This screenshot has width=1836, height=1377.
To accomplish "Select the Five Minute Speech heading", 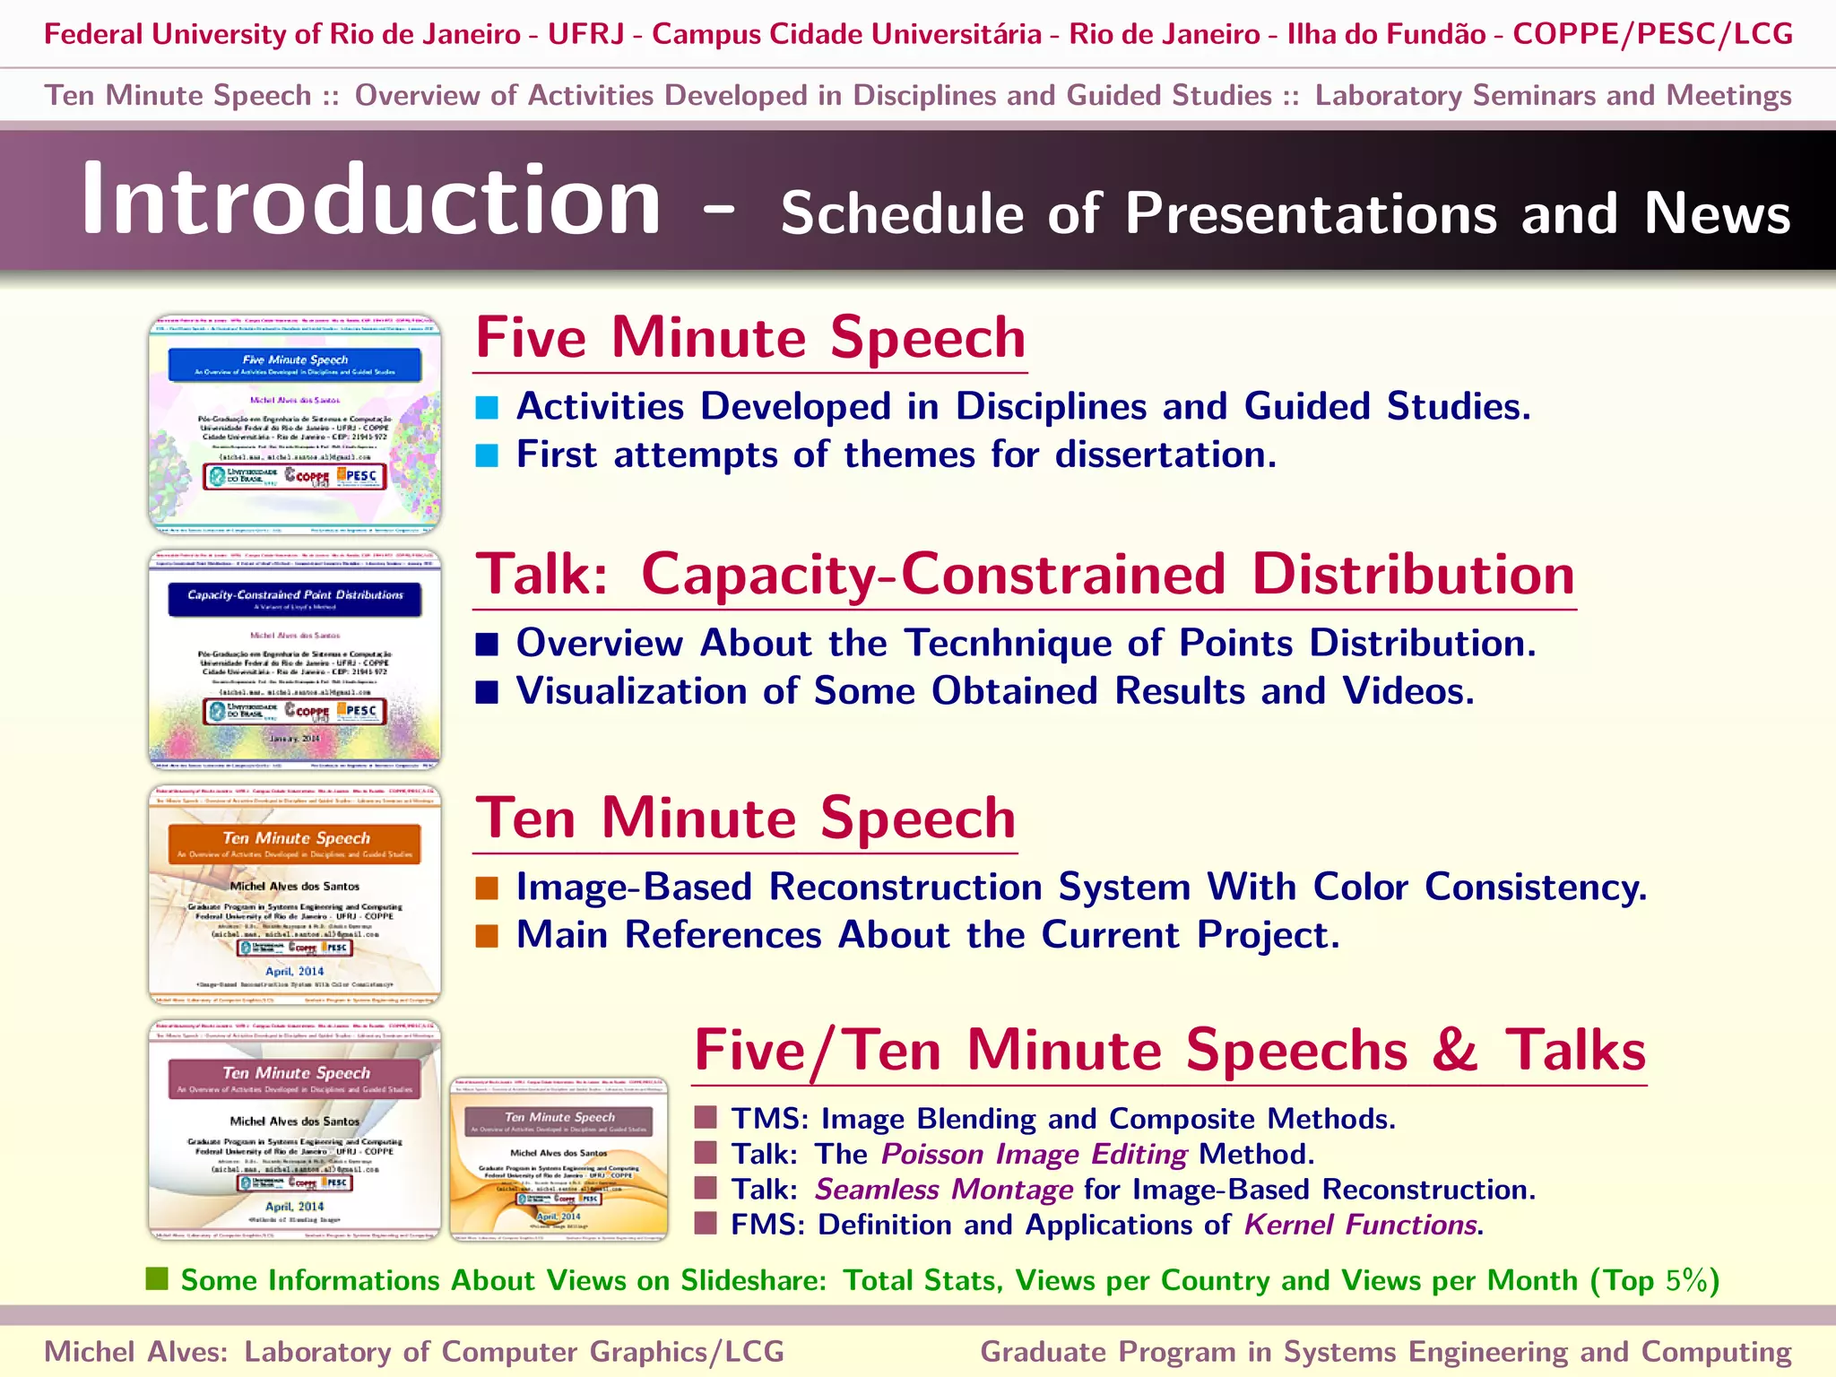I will click(x=750, y=339).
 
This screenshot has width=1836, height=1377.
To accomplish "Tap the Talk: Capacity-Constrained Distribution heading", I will click(x=1025, y=575).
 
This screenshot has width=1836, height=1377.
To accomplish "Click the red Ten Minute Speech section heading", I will click(x=745, y=818).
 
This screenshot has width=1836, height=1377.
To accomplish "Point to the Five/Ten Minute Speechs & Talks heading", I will click(x=1170, y=1051).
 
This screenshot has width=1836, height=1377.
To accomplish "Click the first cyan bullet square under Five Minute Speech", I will click(x=487, y=408).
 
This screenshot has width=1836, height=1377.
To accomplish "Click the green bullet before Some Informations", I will click(x=157, y=1279).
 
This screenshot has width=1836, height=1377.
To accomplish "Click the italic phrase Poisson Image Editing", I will click(x=1034, y=1155).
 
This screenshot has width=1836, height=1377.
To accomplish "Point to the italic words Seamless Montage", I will click(x=943, y=1190).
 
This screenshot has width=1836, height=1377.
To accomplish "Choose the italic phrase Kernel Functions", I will click(x=1360, y=1225).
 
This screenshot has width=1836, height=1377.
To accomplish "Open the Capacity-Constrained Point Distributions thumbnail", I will click(x=294, y=660).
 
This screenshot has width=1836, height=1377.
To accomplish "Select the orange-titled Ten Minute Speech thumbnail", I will click(x=294, y=895).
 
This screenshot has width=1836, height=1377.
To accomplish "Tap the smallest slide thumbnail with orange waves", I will click(x=559, y=1159).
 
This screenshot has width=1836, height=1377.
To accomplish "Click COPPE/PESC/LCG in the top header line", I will click(x=1652, y=34).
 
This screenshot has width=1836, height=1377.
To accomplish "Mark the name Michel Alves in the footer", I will click(x=134, y=1352).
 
